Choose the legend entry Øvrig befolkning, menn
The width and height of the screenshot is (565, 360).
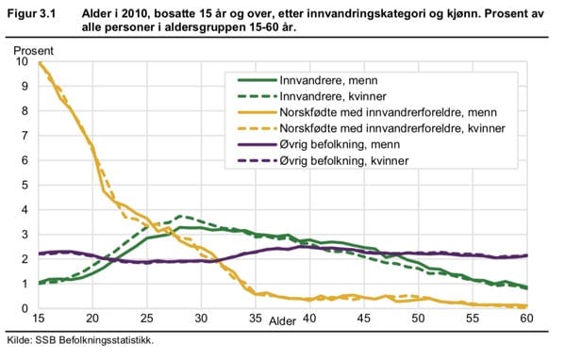pyautogui.click(x=342, y=143)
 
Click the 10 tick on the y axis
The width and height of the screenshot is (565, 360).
pyautogui.click(x=22, y=62)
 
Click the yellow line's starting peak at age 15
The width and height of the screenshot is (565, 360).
pyautogui.click(x=39, y=63)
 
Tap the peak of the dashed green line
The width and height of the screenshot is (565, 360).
pyautogui.click(x=179, y=216)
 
